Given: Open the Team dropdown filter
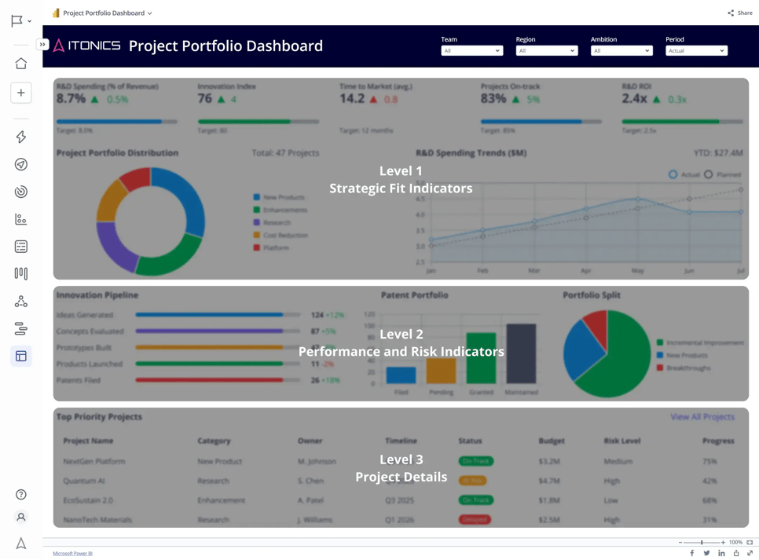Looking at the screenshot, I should [x=471, y=51].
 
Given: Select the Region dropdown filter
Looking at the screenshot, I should [x=546, y=51].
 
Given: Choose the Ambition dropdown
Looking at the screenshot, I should [x=621, y=51].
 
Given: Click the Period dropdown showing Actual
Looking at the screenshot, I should [x=696, y=51].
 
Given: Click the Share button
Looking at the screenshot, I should [x=740, y=13].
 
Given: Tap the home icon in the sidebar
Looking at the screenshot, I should [x=21, y=64].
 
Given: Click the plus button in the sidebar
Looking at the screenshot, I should [x=21, y=93].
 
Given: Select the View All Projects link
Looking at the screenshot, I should [x=702, y=417].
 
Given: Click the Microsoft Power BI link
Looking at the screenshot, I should [x=72, y=553].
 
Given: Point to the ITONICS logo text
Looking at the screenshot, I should [x=93, y=46].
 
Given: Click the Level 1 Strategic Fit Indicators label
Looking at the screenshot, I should [x=401, y=180].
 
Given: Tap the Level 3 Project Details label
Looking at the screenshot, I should [x=401, y=468].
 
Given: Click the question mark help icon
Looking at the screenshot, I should [x=21, y=495].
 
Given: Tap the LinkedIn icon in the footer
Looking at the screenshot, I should [x=721, y=553].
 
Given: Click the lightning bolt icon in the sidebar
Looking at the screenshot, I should [x=21, y=137].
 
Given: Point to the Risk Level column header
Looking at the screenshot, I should [x=621, y=441].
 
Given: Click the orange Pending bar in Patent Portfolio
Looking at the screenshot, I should [x=441, y=371].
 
